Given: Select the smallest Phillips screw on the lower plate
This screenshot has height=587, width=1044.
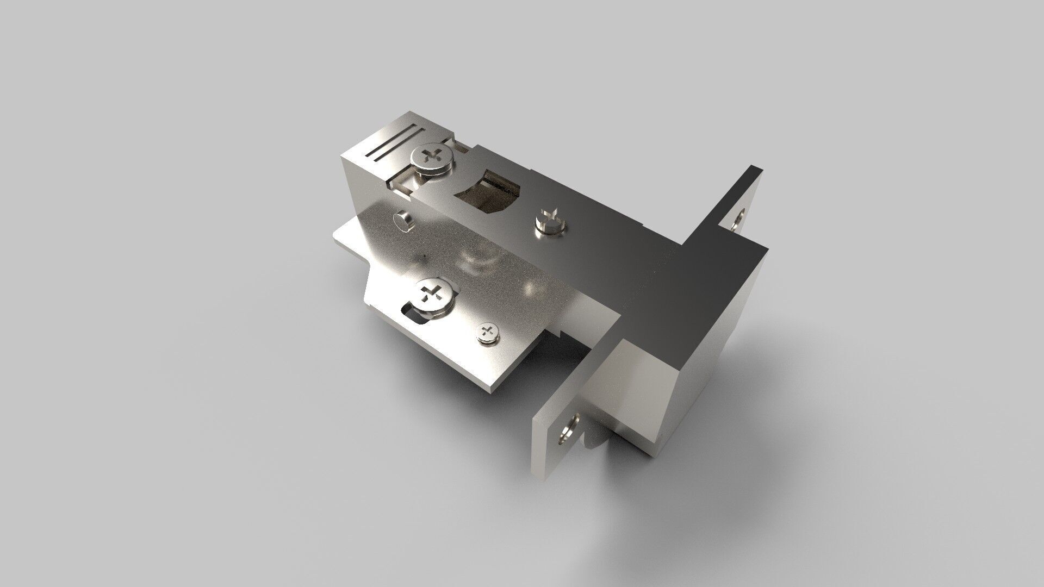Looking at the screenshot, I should coord(488,332).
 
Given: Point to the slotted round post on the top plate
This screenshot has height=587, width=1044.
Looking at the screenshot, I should coord(550,222).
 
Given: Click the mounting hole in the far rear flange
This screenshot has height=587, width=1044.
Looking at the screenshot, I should coord(738,220).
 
